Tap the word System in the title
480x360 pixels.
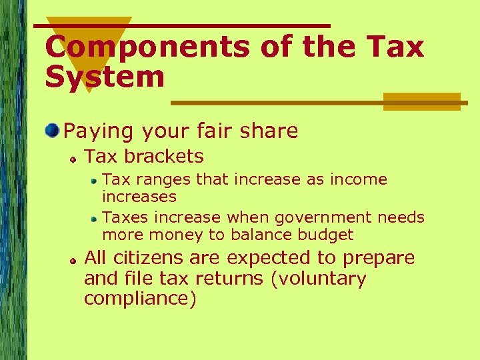[x=105, y=77]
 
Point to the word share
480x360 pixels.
[x=269, y=131]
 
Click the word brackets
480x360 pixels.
[x=164, y=157]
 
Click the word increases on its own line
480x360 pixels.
[x=139, y=197]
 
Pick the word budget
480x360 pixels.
[x=327, y=235]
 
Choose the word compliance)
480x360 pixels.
[x=140, y=299]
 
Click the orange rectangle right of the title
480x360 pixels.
[x=421, y=101]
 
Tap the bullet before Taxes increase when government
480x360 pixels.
[x=95, y=218]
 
